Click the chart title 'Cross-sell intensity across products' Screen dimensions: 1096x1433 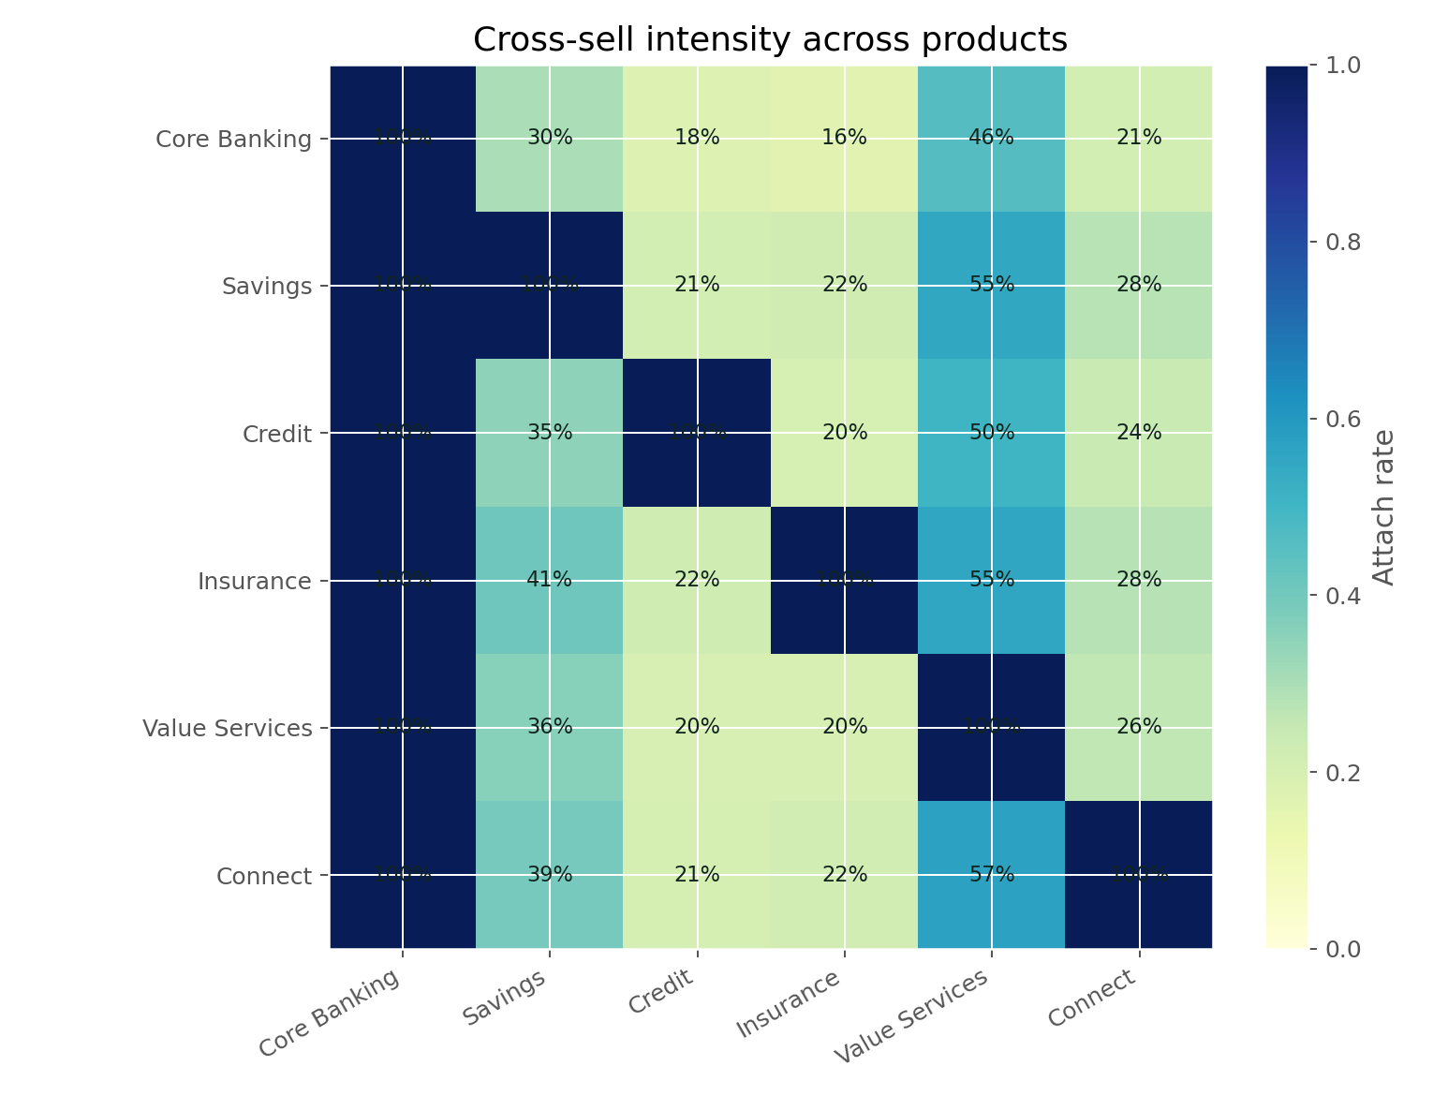tap(770, 39)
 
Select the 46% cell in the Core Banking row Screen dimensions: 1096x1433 tap(992, 139)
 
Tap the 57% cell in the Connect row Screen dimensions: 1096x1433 tap(992, 875)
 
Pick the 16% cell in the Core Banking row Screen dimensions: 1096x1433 tap(845, 139)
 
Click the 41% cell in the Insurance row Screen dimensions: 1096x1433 tap(550, 581)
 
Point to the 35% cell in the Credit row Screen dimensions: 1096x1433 tap(550, 433)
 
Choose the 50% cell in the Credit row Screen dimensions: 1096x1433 tap(992, 433)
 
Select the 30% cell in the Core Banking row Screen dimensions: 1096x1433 tap(550, 139)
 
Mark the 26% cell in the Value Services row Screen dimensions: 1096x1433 tap(1139, 728)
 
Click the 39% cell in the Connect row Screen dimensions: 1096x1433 tap(550, 875)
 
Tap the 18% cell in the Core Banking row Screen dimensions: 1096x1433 tap(697, 139)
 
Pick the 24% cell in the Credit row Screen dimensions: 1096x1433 tap(1139, 433)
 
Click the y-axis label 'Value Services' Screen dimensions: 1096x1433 tap(227, 729)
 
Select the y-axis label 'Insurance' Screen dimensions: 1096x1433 tap(254, 582)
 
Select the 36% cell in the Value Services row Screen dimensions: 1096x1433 tap(550, 728)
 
